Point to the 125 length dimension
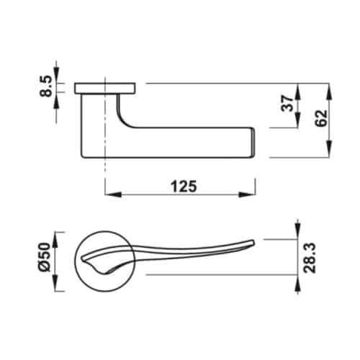pos(184,185)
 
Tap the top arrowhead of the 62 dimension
pos(329,89)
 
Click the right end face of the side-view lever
pos(253,143)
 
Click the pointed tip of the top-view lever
pos(253,239)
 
